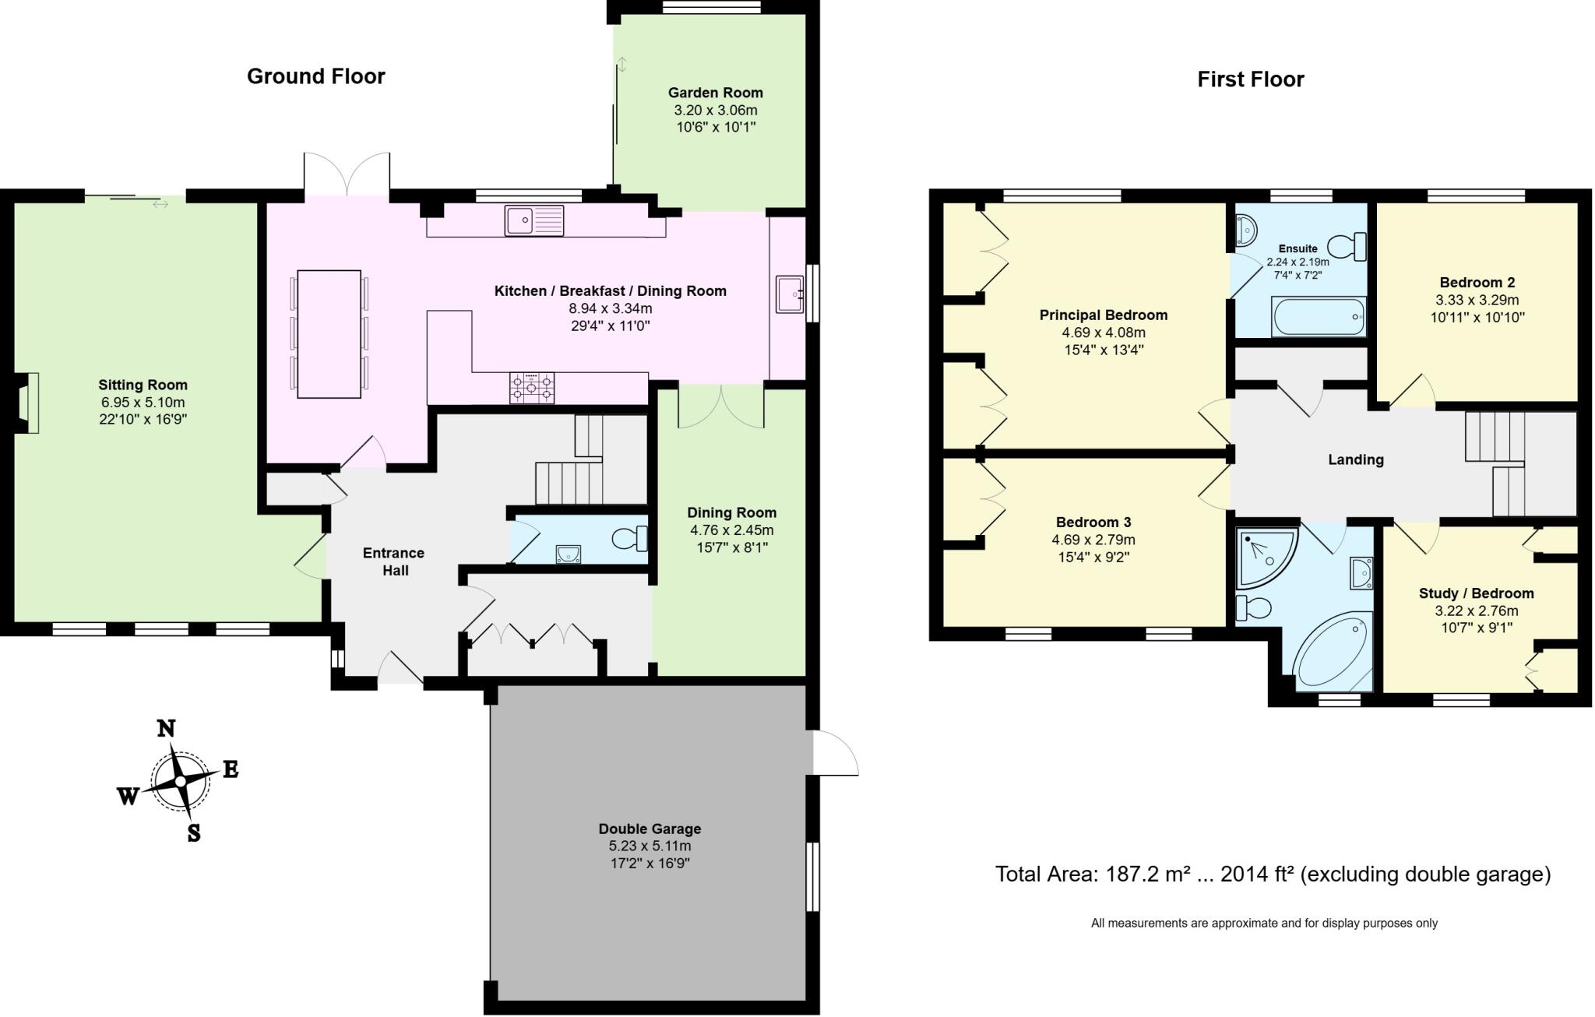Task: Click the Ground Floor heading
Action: tap(315, 76)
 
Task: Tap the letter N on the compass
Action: tap(166, 729)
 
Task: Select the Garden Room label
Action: tap(715, 93)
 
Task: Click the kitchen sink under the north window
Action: tap(533, 220)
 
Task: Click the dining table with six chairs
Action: tap(329, 334)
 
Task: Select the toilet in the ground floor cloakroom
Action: tap(629, 538)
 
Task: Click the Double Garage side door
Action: tap(834, 753)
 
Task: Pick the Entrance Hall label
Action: tap(393, 561)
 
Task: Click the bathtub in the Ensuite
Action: tap(1318, 317)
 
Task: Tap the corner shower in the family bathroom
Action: tap(1264, 556)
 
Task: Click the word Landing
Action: tap(1355, 459)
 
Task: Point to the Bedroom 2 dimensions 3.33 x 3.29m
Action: tap(1477, 300)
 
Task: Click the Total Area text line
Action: tap(1273, 874)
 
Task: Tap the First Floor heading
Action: tap(1250, 79)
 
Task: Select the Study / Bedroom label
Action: tap(1476, 593)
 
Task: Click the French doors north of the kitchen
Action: tap(347, 174)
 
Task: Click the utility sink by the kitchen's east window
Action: tap(789, 294)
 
